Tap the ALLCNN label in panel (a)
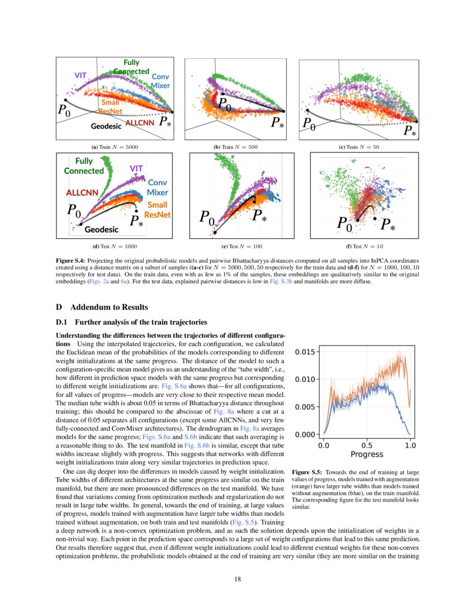(141, 122)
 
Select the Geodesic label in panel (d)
(101, 229)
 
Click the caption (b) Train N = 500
(237, 146)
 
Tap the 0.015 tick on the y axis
(305, 352)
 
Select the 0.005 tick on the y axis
(305, 407)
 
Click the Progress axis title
(367, 454)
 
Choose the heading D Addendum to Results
(102, 307)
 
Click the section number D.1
(61, 322)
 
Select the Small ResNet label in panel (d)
(157, 210)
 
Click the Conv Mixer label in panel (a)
(160, 81)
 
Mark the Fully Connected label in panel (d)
(84, 166)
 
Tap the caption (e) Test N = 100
(238, 246)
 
